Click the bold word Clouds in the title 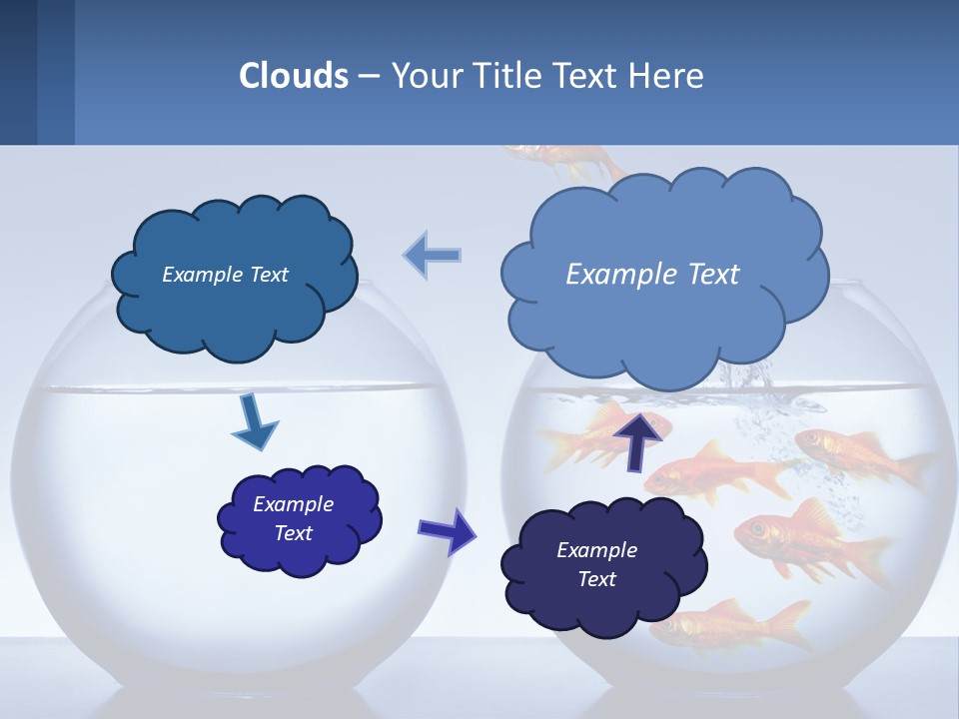(294, 76)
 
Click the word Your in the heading (428, 76)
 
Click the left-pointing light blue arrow (433, 256)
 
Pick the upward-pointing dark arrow (639, 439)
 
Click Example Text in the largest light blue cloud (652, 274)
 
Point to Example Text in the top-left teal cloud (225, 275)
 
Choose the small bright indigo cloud (299, 519)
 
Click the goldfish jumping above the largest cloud (559, 158)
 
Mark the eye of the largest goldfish (756, 527)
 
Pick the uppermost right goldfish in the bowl (859, 454)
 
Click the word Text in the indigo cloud (294, 533)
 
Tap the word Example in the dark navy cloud (596, 550)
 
